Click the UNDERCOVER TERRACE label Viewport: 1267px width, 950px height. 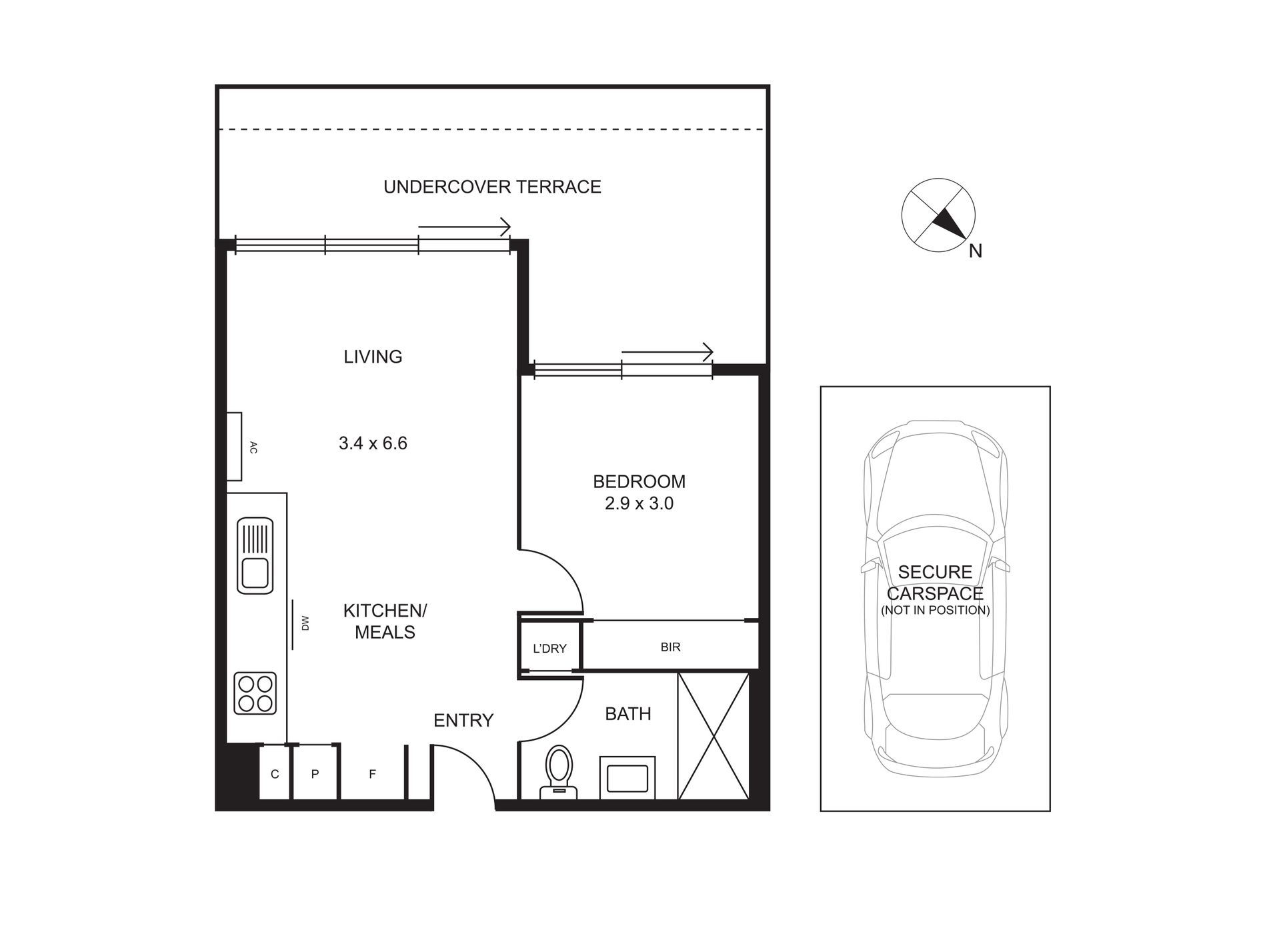coord(492,187)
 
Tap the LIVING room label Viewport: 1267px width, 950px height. coord(373,357)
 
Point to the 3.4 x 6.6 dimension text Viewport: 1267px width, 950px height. coord(373,443)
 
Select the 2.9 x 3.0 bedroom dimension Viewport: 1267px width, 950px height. coord(639,503)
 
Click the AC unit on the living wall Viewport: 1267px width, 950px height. coord(234,447)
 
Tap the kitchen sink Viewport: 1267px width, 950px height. coord(255,555)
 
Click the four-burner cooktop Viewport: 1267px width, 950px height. coord(255,693)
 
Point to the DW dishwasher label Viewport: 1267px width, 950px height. coord(305,623)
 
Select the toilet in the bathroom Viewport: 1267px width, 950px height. coord(559,772)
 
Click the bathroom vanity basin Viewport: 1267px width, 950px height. coord(627,777)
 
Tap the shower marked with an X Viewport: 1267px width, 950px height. coord(714,736)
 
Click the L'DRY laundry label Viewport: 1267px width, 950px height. coord(549,648)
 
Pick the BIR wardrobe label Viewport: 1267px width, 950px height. coord(670,647)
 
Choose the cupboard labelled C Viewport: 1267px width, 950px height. coord(275,774)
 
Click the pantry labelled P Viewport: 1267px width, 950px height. coord(315,774)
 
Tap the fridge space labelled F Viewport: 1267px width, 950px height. coord(373,774)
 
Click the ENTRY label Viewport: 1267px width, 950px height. coord(463,720)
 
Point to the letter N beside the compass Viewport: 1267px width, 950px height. coord(976,251)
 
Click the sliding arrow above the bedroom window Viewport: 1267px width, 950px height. coord(668,351)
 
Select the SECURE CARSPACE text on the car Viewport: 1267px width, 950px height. coord(935,583)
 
